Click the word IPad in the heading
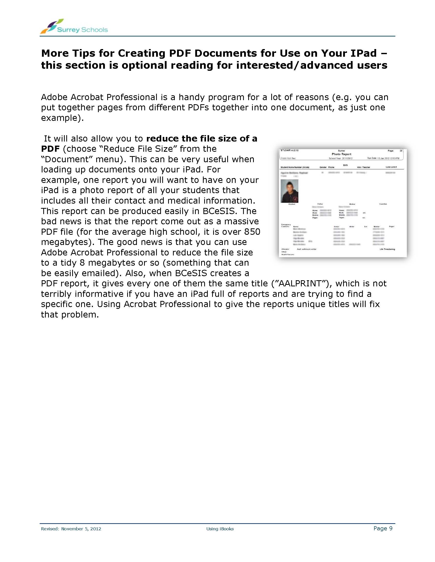coord(364,53)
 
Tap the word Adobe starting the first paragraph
coord(54,97)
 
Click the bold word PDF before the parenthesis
coord(50,149)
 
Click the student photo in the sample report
coord(289,191)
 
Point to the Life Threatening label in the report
coord(387,249)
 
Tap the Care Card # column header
coord(391,167)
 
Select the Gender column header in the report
coord(323,167)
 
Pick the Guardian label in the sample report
coord(383,204)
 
